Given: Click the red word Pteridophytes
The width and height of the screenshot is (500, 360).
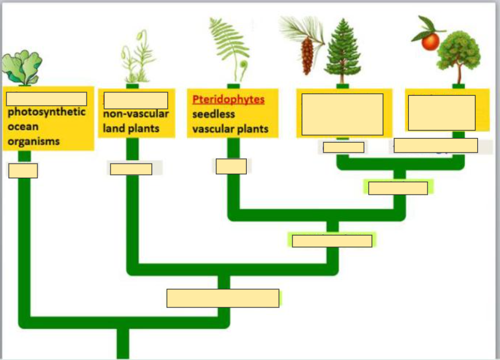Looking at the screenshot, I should click(228, 99).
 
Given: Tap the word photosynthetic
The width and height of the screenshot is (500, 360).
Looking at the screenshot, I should click(46, 112).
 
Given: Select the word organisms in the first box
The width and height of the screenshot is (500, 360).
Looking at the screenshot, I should click(33, 141).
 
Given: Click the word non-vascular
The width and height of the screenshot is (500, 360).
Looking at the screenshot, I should click(136, 114).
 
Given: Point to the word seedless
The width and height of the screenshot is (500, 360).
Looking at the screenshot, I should click(213, 114).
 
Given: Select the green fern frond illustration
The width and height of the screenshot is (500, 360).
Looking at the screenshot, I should click(230, 47).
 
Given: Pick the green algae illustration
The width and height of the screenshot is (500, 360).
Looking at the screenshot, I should click(22, 67).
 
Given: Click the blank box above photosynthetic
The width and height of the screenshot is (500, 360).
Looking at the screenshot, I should click(47, 99).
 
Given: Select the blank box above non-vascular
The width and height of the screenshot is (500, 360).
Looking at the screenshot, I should click(136, 100).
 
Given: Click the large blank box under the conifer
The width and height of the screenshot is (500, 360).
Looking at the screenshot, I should click(343, 114).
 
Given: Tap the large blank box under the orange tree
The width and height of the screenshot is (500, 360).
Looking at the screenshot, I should click(442, 112).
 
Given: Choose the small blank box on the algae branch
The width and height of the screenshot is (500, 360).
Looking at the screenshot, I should click(23, 171).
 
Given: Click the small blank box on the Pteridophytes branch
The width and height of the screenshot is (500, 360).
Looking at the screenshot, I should click(231, 167).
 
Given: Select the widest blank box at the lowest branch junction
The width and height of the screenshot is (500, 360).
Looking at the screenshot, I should click(223, 298).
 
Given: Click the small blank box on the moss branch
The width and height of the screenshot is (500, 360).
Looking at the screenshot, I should click(131, 169).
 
